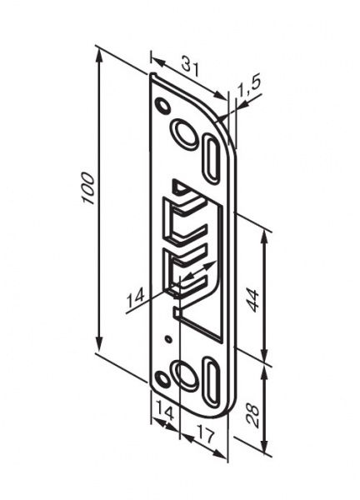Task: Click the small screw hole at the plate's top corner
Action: (x=162, y=106)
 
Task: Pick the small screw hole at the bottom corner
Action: (x=163, y=379)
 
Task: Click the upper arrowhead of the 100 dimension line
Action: (x=100, y=52)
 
